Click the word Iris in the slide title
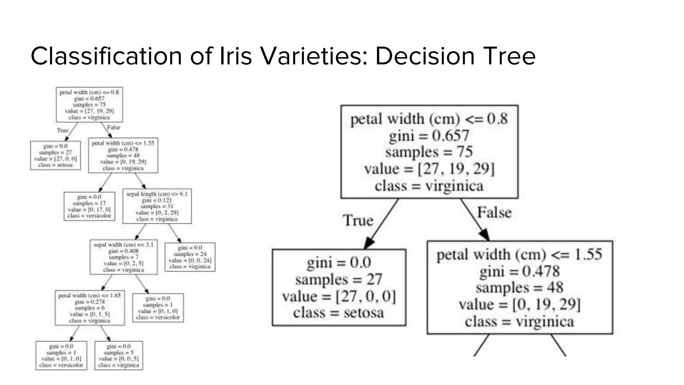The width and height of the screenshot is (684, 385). click(x=235, y=56)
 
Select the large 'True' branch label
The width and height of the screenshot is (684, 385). click(x=358, y=221)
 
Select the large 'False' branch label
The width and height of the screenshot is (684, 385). click(x=494, y=213)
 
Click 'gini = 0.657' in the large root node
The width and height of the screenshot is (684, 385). click(x=429, y=136)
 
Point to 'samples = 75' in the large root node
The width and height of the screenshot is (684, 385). click(x=429, y=152)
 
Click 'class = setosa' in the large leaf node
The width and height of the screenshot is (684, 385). click(x=339, y=313)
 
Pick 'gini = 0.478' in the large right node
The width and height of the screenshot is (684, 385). click(x=520, y=271)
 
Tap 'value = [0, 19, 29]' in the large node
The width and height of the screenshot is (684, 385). click(x=520, y=304)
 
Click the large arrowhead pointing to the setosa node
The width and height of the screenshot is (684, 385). click(x=369, y=243)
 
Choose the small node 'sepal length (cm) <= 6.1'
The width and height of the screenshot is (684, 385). click(x=157, y=206)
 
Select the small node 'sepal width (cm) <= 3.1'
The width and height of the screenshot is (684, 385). click(x=124, y=257)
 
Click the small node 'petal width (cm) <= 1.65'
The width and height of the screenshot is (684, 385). click(x=90, y=308)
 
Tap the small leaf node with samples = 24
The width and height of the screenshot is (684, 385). click(x=190, y=257)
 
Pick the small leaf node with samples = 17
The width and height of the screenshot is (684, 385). click(x=90, y=206)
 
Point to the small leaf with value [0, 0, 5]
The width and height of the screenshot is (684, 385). click(x=119, y=356)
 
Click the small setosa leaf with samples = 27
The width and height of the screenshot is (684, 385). click(x=55, y=155)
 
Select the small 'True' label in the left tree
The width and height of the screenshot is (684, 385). click(x=63, y=130)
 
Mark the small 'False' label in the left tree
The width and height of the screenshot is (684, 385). click(x=114, y=127)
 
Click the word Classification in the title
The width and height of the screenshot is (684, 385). click(x=106, y=56)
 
